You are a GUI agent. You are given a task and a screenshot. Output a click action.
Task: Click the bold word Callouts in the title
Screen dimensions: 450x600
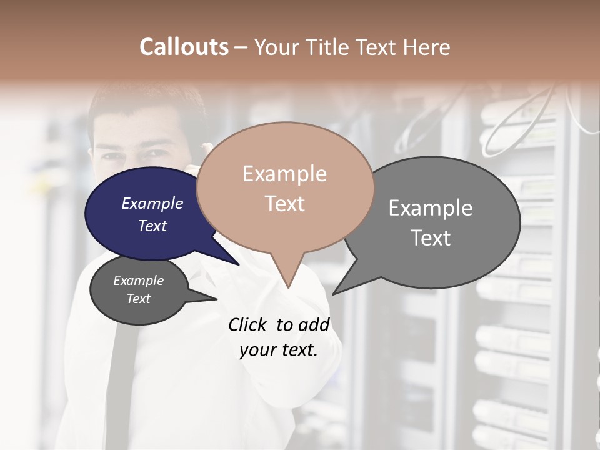[x=184, y=47]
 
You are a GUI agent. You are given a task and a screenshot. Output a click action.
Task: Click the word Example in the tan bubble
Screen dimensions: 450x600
[x=284, y=174]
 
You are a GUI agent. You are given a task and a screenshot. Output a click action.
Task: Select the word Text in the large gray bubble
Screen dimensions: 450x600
[x=431, y=238]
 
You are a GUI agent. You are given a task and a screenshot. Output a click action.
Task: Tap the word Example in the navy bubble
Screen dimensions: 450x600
[x=152, y=203]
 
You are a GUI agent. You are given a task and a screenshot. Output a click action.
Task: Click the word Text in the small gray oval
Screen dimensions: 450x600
[x=139, y=299]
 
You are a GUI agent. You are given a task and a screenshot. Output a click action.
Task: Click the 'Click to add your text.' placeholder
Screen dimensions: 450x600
[x=279, y=337]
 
